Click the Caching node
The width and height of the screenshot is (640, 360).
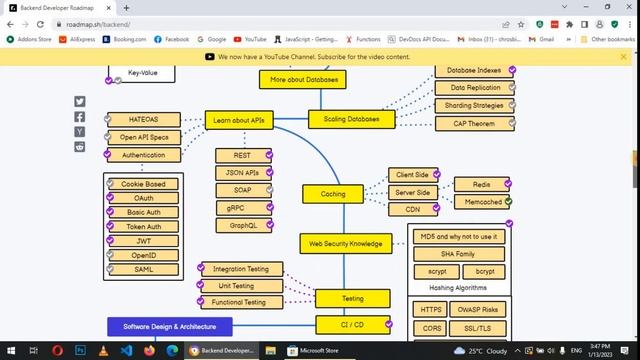tap(333, 194)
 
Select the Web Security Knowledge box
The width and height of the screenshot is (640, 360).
tap(345, 243)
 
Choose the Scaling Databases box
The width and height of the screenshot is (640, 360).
tap(351, 119)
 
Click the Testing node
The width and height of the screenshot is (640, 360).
tap(352, 298)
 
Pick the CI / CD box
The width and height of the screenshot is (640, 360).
tap(352, 324)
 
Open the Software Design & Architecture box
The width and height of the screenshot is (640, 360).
tap(170, 326)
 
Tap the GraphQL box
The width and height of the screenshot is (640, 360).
tap(243, 226)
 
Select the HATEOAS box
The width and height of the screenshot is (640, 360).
tap(143, 120)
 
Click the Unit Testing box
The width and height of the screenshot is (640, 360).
tap(236, 286)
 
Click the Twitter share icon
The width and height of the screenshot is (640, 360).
tap(80, 102)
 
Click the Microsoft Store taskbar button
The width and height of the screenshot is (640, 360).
tap(316, 351)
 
